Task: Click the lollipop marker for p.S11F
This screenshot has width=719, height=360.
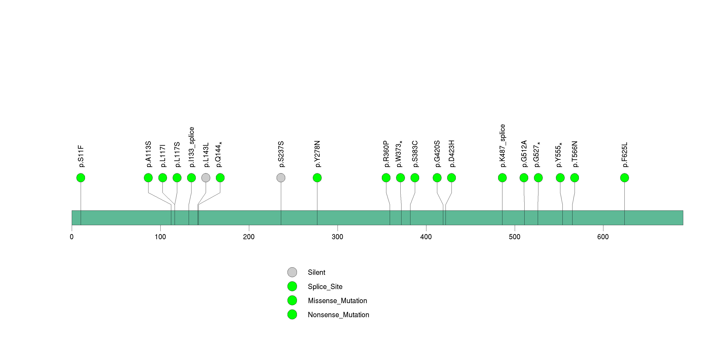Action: [81, 178]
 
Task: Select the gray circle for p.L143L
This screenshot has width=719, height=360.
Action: [206, 178]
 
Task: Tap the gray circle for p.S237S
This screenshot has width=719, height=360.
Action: [281, 178]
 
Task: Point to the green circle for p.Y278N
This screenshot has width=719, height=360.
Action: [317, 178]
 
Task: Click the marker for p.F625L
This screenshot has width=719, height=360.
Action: [624, 178]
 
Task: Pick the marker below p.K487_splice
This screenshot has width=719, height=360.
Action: [502, 178]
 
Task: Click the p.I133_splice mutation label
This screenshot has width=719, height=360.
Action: [191, 147]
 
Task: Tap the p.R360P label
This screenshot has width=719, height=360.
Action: [386, 154]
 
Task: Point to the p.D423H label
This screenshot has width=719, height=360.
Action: [451, 154]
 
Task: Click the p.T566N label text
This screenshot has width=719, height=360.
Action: [574, 154]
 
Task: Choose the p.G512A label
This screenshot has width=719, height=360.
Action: [524, 154]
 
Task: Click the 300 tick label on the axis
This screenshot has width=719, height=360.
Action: [337, 237]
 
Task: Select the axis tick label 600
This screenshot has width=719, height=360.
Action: [603, 237]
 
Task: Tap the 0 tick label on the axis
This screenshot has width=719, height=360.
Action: [72, 237]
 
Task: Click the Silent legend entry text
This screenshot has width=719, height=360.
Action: [316, 272]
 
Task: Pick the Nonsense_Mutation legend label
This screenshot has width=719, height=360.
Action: [338, 315]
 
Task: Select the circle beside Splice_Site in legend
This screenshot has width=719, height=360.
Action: [292, 286]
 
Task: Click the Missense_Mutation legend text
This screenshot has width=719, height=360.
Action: [337, 301]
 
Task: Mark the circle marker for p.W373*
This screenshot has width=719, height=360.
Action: [400, 178]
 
